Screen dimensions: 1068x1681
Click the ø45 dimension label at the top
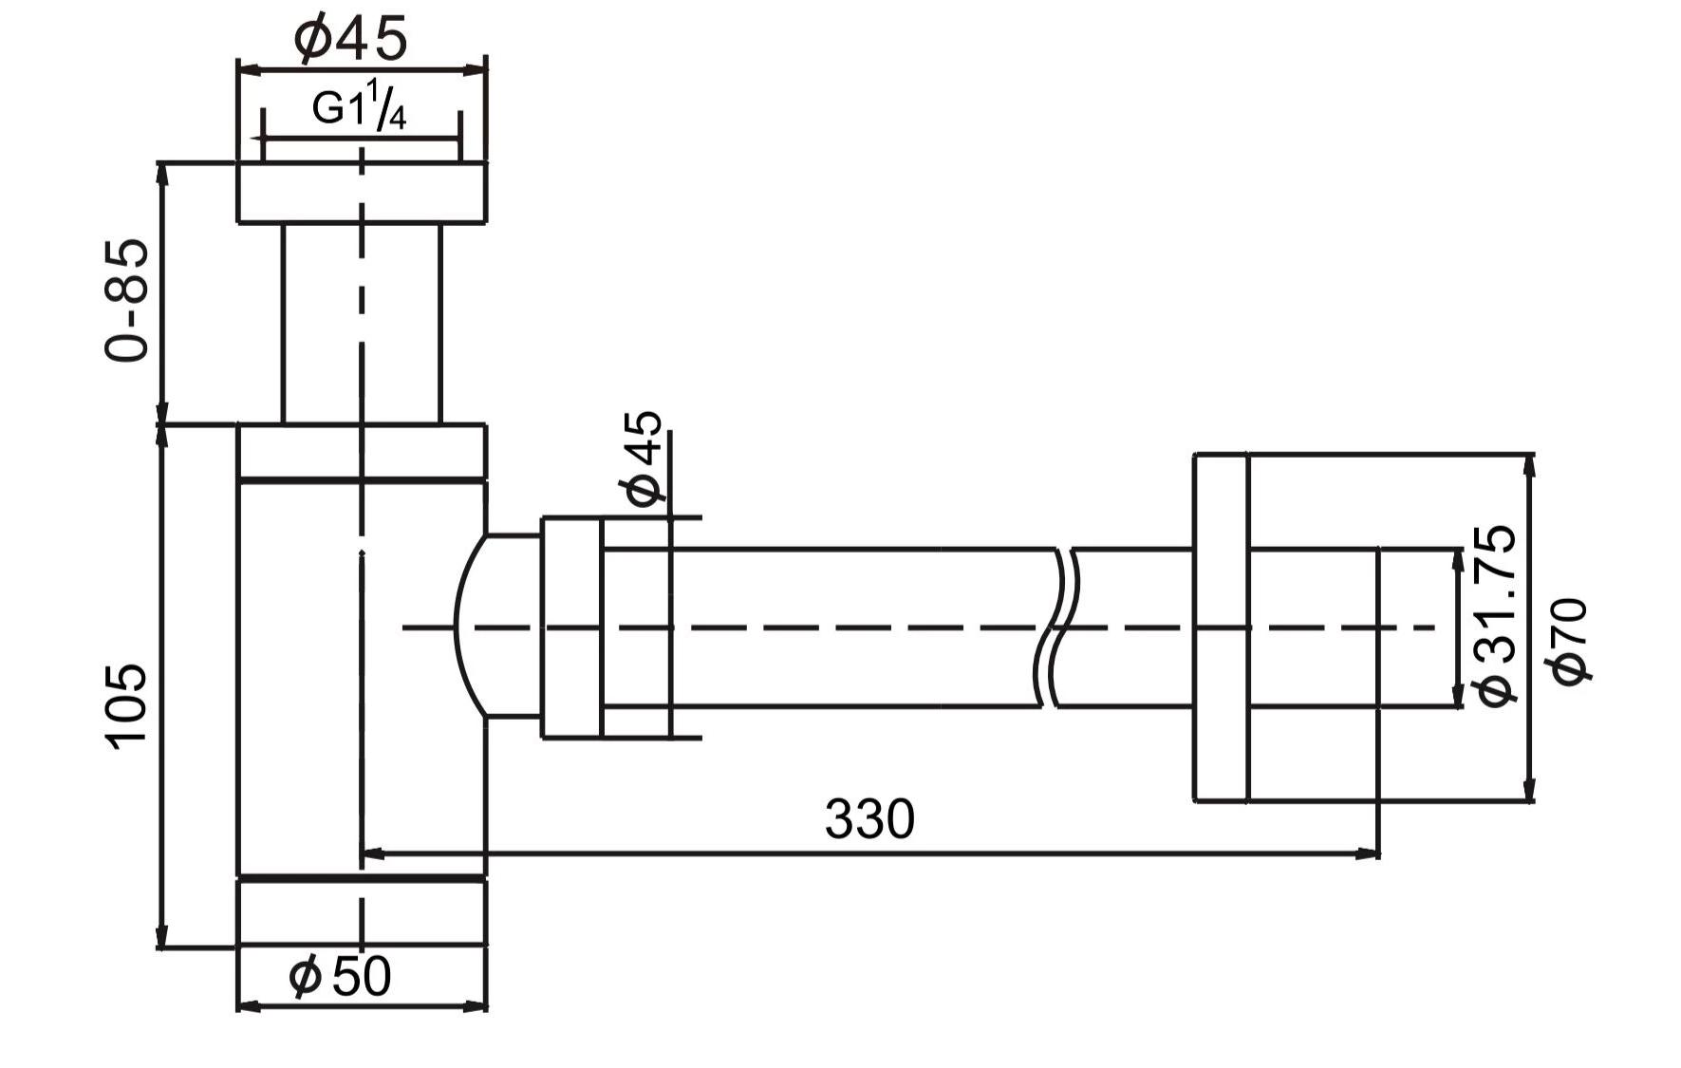coord(350,38)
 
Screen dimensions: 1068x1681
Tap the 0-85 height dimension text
coord(127,300)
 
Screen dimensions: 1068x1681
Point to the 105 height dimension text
coord(127,706)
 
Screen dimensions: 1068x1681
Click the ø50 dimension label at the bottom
coord(340,976)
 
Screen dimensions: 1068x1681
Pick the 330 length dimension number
coord(869,818)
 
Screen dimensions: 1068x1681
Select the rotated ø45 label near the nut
coord(642,459)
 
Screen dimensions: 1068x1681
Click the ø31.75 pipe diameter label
coord(1496,615)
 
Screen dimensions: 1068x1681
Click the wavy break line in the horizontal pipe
coord(1062,627)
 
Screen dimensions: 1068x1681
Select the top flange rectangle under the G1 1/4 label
coord(361,193)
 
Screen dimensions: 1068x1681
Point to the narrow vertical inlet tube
coord(361,323)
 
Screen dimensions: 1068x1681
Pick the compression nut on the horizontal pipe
coord(571,627)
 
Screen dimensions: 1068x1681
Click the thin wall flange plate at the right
coord(1221,628)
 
